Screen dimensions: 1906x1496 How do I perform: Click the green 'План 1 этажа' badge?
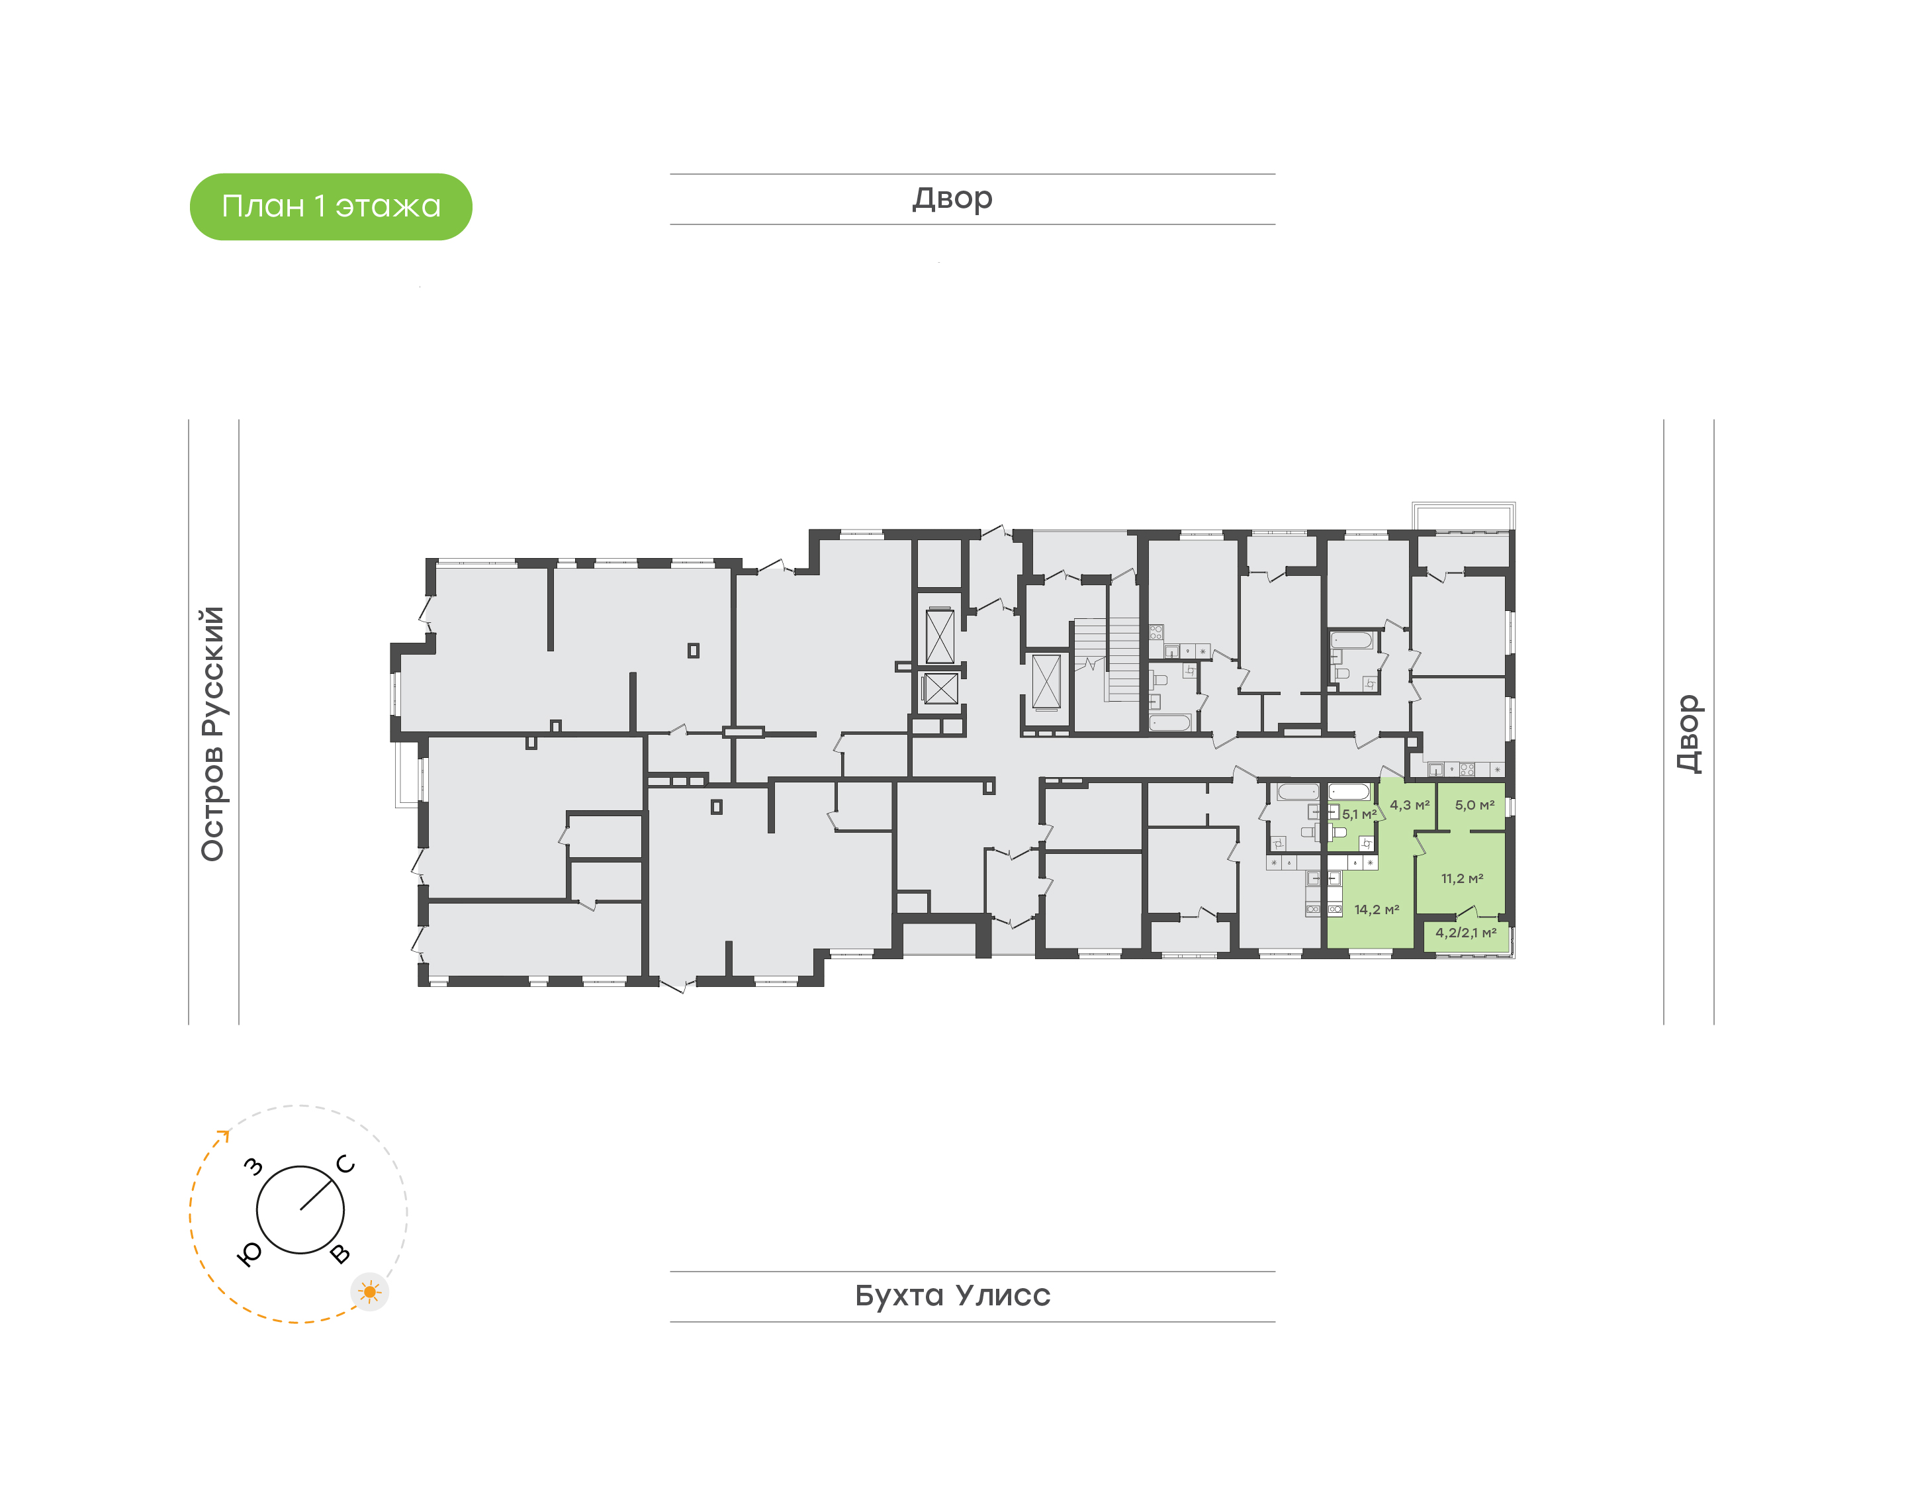[331, 207]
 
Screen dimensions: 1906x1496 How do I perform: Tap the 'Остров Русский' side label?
[212, 734]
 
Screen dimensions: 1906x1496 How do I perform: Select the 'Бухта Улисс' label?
[952, 1295]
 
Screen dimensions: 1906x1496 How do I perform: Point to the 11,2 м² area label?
[1462, 878]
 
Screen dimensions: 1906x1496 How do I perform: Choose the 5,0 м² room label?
[1475, 805]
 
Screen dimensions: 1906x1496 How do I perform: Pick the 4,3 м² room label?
[1410, 805]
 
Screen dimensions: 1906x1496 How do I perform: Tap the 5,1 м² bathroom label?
[1359, 815]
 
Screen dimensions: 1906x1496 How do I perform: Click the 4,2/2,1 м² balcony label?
[1466, 933]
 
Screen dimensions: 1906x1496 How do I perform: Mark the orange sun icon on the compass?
[369, 1292]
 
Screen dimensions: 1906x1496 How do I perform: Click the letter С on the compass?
[346, 1164]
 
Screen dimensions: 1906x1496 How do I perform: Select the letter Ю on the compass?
[250, 1256]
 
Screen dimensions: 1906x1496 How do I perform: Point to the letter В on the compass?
[340, 1254]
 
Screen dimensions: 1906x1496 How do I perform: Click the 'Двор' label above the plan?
[952, 199]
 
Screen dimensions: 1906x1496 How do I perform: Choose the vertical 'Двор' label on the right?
[1688, 734]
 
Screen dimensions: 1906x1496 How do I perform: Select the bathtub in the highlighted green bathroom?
[1349, 792]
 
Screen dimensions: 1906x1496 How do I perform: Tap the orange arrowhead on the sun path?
[224, 1136]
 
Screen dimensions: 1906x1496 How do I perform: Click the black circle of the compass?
[300, 1166]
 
